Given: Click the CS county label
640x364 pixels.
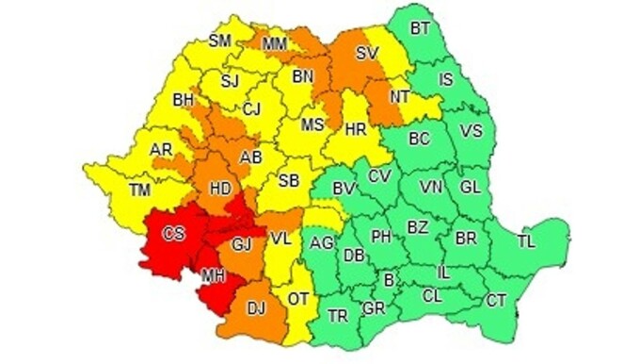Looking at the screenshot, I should (173, 233).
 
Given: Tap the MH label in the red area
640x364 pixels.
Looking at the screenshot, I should (212, 275).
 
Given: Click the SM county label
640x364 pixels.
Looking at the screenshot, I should (220, 41).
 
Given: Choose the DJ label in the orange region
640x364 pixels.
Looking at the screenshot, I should (256, 306).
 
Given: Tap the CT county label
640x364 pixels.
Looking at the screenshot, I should (496, 300).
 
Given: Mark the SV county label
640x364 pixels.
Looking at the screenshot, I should (367, 53).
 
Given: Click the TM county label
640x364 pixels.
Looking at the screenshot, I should (139, 191).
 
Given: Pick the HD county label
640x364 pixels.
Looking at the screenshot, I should (219, 189).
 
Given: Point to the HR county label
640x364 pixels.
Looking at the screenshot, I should (356, 130).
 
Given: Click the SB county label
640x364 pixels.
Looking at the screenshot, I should (289, 180).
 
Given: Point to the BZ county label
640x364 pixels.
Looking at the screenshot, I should (417, 227).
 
